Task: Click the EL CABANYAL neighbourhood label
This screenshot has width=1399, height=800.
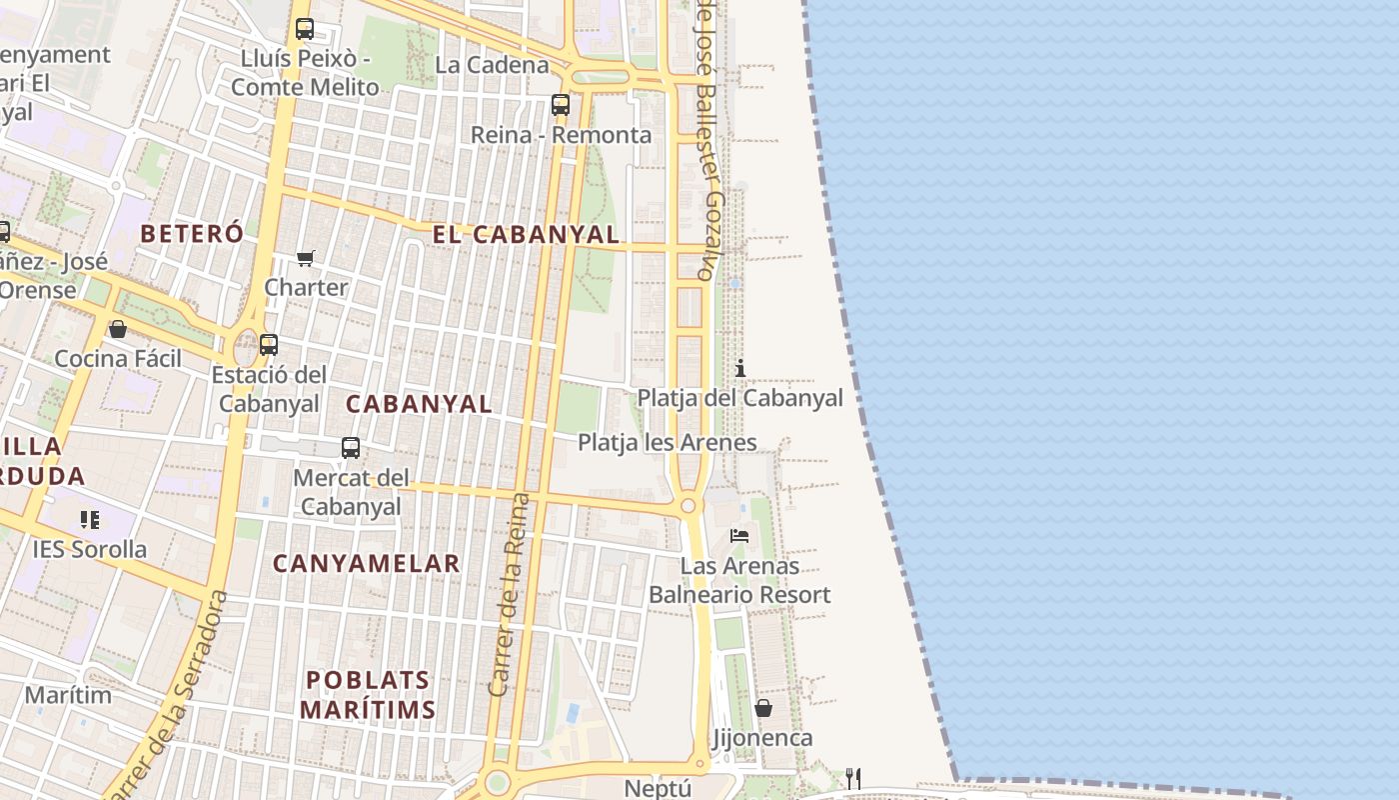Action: pos(526,234)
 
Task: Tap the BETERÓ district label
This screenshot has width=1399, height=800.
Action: pos(192,234)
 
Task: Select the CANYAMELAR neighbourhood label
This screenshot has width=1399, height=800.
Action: pos(366,563)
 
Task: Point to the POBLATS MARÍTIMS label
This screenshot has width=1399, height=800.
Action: pos(368,695)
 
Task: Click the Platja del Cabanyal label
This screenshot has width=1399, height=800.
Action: pos(739,398)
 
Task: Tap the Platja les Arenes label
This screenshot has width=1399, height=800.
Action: pos(667,442)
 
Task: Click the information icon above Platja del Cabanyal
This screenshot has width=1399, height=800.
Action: pos(740,368)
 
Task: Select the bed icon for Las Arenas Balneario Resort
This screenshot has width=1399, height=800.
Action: pos(739,536)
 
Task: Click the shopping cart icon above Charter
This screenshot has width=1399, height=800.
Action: pos(306,258)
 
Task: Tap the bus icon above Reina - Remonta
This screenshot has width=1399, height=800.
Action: pos(561,105)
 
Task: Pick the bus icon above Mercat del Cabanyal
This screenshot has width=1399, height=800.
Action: pos(351,448)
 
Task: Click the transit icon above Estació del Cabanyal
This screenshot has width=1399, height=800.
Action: pos(269,345)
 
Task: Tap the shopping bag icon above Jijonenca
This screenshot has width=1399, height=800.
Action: pos(763,708)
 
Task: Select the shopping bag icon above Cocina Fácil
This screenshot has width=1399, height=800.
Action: pos(118,329)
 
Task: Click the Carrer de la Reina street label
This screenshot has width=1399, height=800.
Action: pos(508,594)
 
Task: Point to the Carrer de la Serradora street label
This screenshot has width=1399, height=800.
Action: pos(167,694)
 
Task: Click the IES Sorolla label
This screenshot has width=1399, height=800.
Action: pos(89,549)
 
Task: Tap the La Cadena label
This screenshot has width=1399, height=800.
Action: pos(493,65)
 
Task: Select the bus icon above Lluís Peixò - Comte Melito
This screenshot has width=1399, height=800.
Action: pos(305,29)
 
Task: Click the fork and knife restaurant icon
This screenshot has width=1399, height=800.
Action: pos(853,778)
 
